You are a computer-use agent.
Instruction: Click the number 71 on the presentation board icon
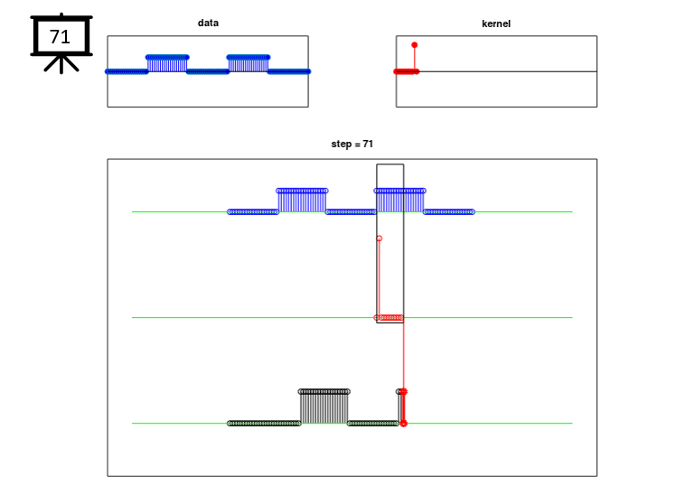(60, 37)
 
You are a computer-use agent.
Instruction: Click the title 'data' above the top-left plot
(208, 23)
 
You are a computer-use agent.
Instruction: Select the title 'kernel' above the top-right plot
(496, 23)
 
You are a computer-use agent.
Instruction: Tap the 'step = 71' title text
(352, 144)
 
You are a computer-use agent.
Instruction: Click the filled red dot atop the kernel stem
(415, 45)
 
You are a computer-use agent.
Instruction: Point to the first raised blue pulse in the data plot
(167, 64)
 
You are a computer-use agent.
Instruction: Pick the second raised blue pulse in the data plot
(248, 64)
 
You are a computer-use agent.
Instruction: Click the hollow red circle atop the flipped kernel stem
(380, 238)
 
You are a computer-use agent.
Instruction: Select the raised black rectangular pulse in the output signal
(324, 406)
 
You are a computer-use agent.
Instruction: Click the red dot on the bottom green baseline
(404, 424)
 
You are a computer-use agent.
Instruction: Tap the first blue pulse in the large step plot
(302, 201)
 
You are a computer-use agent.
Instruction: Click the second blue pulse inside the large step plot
(399, 201)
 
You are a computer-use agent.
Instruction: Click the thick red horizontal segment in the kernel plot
(407, 71)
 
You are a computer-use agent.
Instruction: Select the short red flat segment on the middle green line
(391, 317)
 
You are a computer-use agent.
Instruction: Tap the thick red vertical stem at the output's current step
(404, 406)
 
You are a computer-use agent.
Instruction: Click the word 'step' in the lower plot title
(342, 145)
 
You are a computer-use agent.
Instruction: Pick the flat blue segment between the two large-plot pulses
(351, 212)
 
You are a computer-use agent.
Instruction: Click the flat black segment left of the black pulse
(264, 424)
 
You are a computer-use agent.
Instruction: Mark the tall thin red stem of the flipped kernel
(380, 278)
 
